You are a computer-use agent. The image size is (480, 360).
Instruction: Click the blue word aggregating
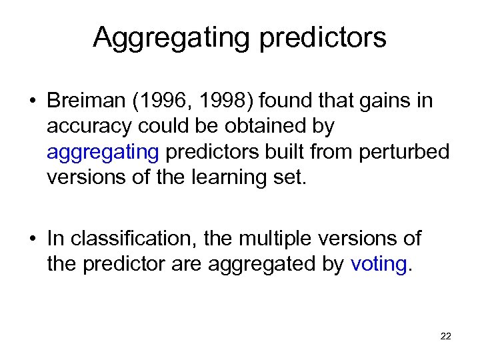tap(103, 153)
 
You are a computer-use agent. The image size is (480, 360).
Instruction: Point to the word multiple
tap(281, 238)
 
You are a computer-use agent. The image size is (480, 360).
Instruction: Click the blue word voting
tap(378, 264)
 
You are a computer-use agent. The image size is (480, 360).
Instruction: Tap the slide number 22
tap(445, 336)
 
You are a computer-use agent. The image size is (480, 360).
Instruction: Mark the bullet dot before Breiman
tap(31, 102)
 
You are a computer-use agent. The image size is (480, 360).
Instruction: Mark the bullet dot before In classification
tap(31, 239)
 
